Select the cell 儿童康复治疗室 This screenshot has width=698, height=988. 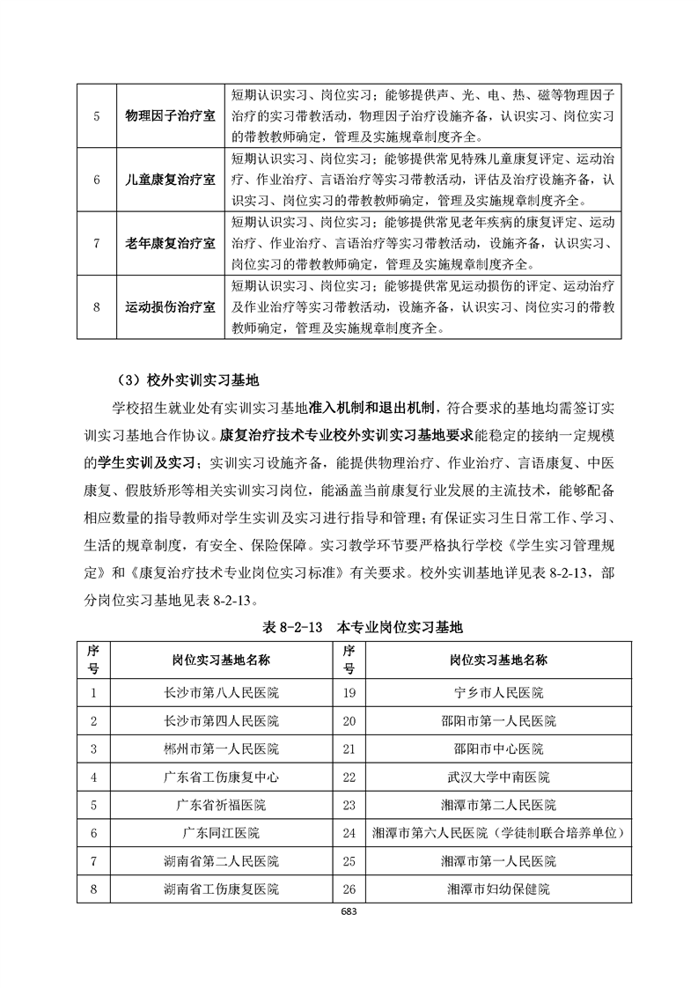point(171,180)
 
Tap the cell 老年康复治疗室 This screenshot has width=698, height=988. point(171,243)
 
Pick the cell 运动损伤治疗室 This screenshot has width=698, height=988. point(171,306)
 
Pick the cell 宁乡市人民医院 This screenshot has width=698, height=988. point(497,692)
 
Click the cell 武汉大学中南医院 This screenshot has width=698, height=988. point(497,777)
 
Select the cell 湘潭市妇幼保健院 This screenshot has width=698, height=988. point(497,888)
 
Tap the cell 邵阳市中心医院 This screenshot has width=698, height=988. point(497,748)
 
